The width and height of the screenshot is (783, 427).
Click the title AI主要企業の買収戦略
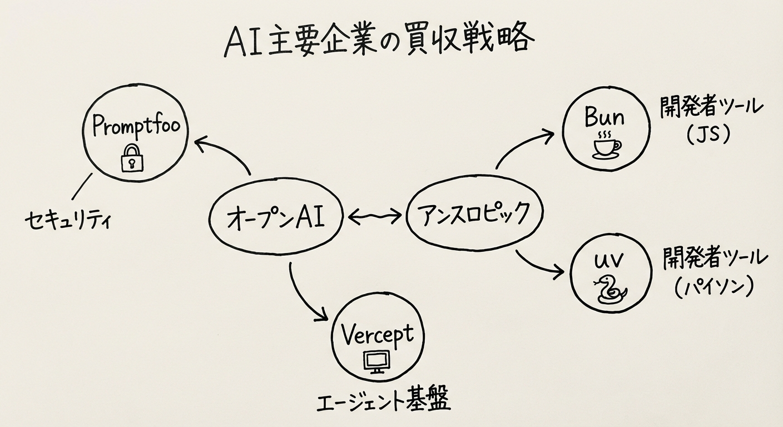[379, 41]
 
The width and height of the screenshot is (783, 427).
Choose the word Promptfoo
[136, 126]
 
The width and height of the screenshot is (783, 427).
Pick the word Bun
[604, 117]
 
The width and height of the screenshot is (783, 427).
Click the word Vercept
[377, 335]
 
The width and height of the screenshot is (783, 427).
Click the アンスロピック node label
[474, 215]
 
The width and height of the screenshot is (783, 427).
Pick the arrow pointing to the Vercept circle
[303, 295]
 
